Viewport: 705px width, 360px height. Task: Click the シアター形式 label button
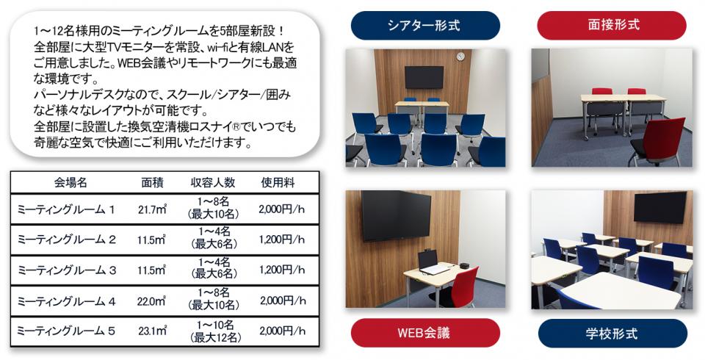[425, 25]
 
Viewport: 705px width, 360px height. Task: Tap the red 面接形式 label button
[612, 25]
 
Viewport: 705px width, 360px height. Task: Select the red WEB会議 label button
[425, 333]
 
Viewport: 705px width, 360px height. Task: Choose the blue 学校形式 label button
[612, 334]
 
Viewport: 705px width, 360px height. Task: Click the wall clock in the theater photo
[460, 57]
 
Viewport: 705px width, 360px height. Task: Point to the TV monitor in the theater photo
[424, 77]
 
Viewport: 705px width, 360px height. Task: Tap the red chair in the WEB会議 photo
[458, 288]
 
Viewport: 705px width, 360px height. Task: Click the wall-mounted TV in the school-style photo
[660, 207]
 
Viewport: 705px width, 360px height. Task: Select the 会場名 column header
[70, 183]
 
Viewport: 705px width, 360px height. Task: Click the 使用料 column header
[278, 183]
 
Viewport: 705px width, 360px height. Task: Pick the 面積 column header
[153, 183]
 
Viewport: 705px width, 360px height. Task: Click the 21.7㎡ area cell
[153, 209]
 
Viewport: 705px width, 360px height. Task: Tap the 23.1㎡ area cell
[153, 331]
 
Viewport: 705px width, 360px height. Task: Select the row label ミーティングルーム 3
[67, 270]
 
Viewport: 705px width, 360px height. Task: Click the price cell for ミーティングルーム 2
[282, 240]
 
